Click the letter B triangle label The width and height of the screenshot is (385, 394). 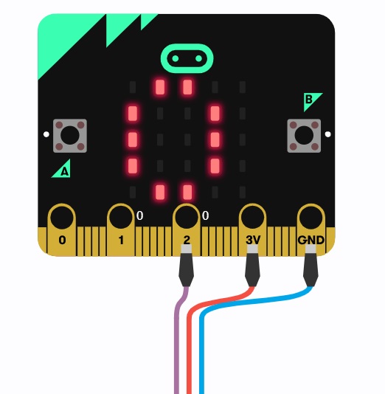click(311, 100)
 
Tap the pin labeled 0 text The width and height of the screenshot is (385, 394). click(62, 240)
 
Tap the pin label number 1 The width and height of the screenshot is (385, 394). click(121, 240)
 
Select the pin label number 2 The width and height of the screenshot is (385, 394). click(187, 240)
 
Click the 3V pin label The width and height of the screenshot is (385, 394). click(253, 240)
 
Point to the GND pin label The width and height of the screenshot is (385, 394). click(311, 240)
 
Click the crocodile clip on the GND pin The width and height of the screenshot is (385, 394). click(311, 266)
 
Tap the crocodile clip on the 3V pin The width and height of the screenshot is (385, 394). click(252, 266)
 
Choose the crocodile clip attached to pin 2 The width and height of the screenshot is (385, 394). click(186, 266)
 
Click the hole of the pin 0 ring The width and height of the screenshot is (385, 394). click(62, 218)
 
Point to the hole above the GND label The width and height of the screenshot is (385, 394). click(311, 218)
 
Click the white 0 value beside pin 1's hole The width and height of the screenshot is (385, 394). click(140, 215)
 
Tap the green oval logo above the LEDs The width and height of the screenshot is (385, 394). click(187, 58)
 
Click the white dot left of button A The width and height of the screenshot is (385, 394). click(46, 134)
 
